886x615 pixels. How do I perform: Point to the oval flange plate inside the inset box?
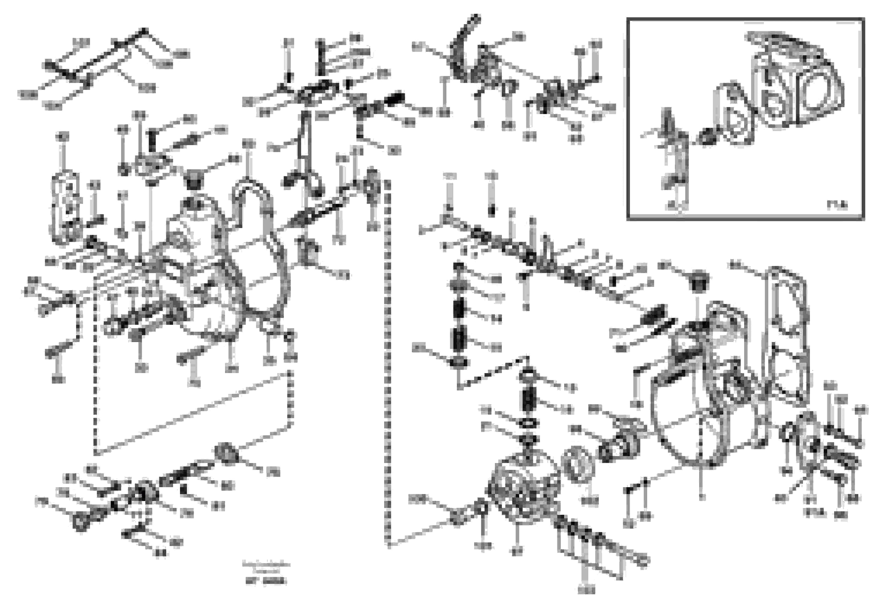[734, 115]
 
